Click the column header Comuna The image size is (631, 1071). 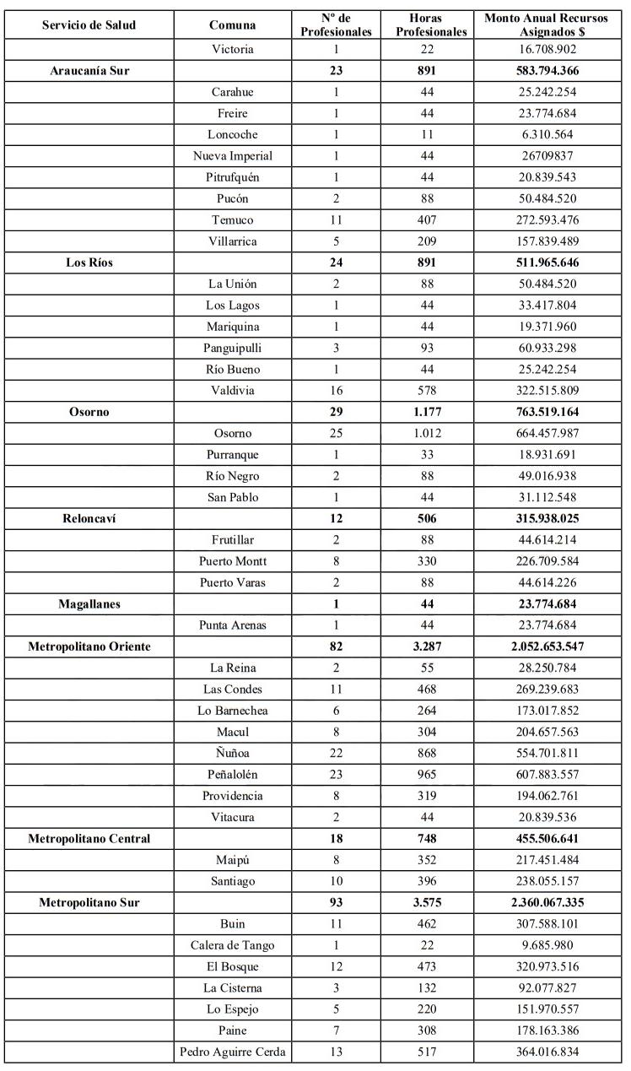(232, 24)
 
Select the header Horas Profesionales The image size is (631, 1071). (436, 24)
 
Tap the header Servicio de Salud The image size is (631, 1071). (89, 24)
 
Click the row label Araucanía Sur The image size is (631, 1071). (89, 71)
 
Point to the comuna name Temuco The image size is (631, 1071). (232, 220)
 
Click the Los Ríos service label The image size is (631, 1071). (89, 262)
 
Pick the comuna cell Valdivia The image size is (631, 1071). (232, 391)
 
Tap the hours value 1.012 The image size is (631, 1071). (436, 433)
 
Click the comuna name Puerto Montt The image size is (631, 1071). (232, 561)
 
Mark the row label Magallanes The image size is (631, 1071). (89, 604)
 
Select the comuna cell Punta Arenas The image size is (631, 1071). (232, 625)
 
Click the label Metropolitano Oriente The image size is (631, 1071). (89, 646)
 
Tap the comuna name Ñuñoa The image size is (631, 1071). (232, 754)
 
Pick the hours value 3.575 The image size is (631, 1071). (436, 903)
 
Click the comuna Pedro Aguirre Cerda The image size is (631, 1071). (232, 1052)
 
